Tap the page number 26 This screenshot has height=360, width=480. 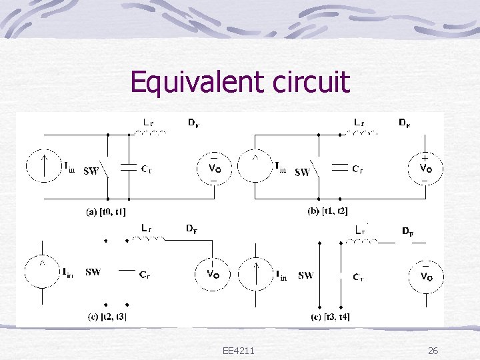(432, 351)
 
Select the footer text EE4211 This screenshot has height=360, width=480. (241, 351)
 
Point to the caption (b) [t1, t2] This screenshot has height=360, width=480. (327, 211)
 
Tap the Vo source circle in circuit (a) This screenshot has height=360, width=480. (213, 168)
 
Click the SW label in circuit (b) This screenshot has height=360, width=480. (301, 172)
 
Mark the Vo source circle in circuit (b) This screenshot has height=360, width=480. (424, 168)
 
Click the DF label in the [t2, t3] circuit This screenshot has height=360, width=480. (191, 229)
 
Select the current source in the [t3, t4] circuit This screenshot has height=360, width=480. (256, 274)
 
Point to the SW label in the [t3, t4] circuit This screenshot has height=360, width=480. (306, 275)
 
